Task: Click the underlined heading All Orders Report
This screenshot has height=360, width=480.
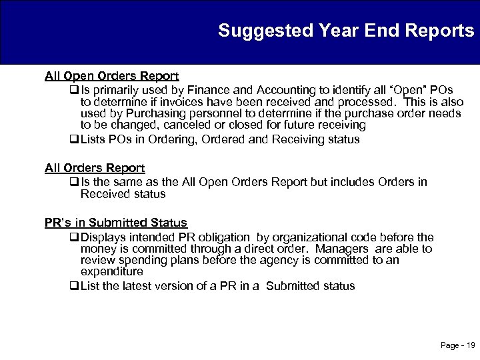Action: (95, 169)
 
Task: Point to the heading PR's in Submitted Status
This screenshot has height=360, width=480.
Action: (116, 223)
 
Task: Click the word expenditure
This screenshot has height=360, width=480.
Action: (112, 272)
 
